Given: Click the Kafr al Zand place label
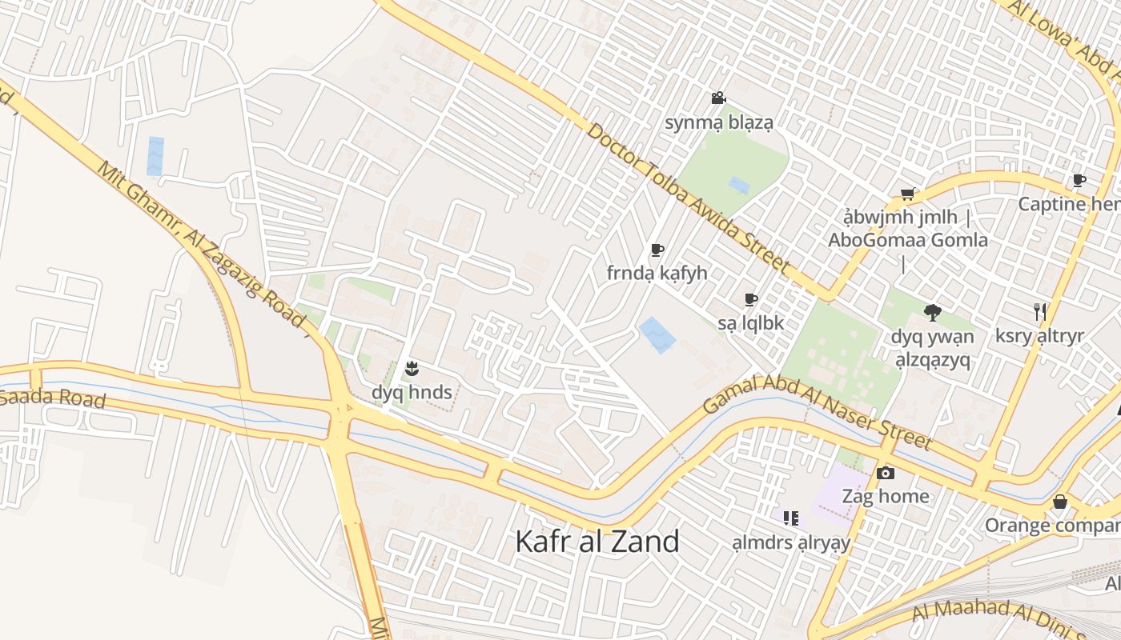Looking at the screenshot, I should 597,542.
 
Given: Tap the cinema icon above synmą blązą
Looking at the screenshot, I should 718,98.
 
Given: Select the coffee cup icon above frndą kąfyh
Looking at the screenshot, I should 657,250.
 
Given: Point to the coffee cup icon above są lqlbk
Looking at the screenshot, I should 750,300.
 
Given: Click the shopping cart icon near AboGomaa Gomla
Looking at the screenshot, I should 907,194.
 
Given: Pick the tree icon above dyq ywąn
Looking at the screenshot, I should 931,313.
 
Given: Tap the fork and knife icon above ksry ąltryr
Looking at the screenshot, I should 1039,312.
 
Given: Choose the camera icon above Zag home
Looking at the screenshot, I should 885,473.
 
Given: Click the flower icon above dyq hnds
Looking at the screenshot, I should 412,369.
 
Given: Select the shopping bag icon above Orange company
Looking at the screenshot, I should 1060,502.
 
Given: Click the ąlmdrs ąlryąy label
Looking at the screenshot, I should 790,543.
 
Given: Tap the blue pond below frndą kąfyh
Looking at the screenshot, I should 657,334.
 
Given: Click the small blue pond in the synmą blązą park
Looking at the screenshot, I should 739,186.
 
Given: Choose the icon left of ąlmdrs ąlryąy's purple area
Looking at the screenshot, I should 790,518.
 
